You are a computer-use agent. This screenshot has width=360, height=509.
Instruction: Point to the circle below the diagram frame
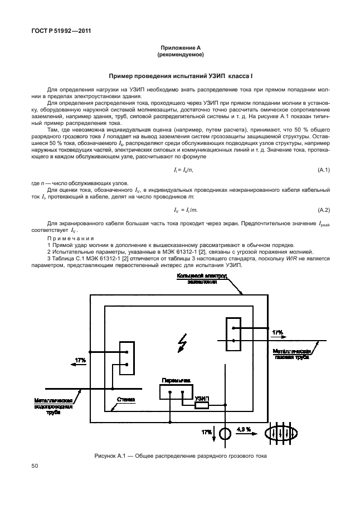(225, 433)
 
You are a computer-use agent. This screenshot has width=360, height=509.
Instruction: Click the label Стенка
(127, 400)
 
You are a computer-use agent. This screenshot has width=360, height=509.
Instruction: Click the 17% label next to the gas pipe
(277, 333)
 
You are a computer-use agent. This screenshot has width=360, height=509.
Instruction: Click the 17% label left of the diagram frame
(80, 361)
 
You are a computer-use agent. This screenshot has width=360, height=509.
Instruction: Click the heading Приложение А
(180, 49)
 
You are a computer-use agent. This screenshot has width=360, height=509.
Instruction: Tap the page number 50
(35, 465)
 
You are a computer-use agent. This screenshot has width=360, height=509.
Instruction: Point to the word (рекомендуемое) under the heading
(180, 55)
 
